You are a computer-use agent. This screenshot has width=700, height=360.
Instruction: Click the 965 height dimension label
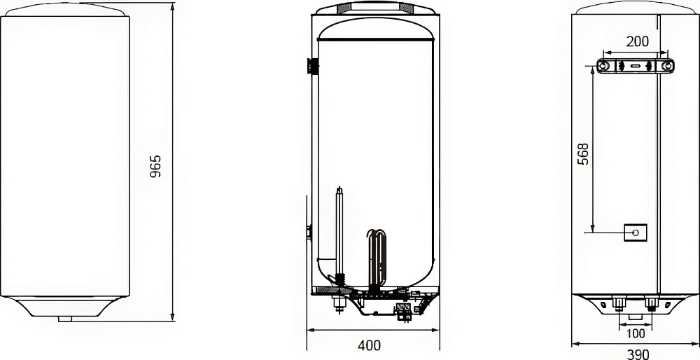(x=155, y=167)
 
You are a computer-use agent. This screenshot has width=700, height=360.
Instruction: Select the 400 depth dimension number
(x=370, y=345)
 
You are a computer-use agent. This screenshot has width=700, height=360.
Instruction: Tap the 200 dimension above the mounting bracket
(x=637, y=41)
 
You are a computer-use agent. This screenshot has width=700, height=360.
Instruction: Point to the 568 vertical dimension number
(x=583, y=154)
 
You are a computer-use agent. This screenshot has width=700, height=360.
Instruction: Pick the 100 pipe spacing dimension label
(x=636, y=333)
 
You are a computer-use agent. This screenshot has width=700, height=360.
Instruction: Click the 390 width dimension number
(x=638, y=354)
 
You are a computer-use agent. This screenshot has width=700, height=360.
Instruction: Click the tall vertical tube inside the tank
(x=339, y=235)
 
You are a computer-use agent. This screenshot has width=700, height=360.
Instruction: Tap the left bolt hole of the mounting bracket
(x=603, y=66)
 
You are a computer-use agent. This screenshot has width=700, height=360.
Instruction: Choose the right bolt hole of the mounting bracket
(x=667, y=66)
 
